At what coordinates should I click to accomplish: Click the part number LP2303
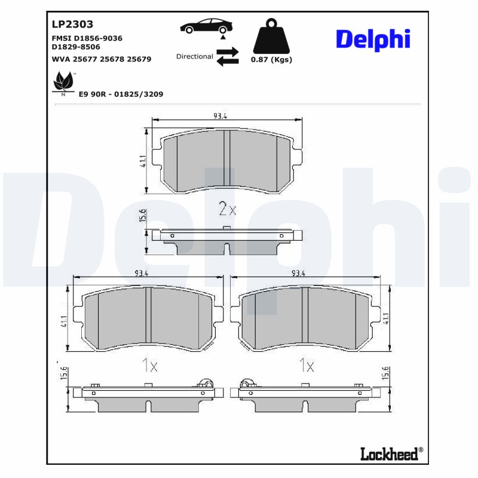click(x=72, y=24)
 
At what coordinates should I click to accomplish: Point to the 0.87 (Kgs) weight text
click(x=271, y=60)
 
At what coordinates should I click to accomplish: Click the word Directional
click(x=194, y=56)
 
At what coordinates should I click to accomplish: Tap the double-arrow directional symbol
click(x=227, y=57)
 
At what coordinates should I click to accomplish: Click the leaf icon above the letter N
click(x=63, y=80)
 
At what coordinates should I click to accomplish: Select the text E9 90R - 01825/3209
click(x=121, y=94)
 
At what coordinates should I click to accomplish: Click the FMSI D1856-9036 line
click(x=87, y=38)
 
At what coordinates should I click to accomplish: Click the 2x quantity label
click(x=228, y=209)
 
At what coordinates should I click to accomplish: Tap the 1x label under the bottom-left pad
click(x=149, y=365)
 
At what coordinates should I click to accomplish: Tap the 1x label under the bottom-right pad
click(x=307, y=364)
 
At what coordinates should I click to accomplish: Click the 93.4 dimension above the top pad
click(x=220, y=116)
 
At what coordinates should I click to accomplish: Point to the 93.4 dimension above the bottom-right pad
click(x=299, y=273)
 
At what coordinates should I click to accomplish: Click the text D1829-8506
click(x=76, y=47)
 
